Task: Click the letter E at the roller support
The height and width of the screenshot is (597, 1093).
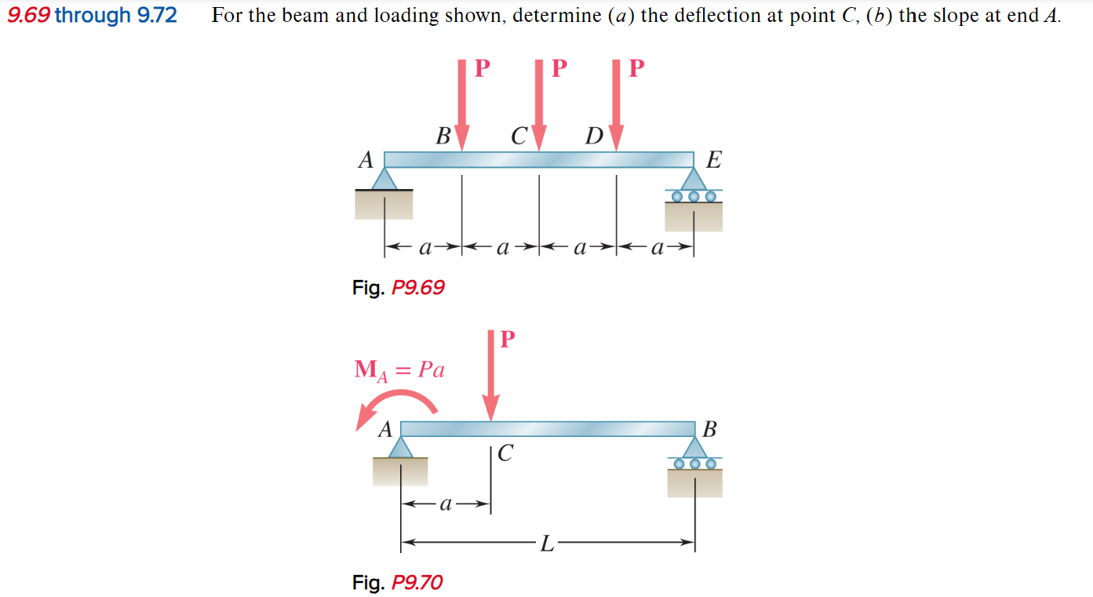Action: coord(713,161)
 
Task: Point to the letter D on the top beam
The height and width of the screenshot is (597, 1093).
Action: coord(594,137)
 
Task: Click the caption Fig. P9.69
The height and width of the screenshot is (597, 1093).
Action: coord(398,288)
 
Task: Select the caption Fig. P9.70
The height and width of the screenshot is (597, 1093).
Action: coord(397,583)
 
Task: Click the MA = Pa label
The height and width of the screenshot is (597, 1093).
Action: coord(399,369)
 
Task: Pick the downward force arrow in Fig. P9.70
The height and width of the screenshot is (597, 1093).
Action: coord(491,377)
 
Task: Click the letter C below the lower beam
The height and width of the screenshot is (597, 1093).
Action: coord(506,453)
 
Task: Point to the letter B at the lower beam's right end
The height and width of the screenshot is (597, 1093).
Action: coord(710,430)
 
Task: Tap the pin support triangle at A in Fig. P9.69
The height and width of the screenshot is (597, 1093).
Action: coord(384,180)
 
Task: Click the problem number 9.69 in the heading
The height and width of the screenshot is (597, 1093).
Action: coord(28,16)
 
